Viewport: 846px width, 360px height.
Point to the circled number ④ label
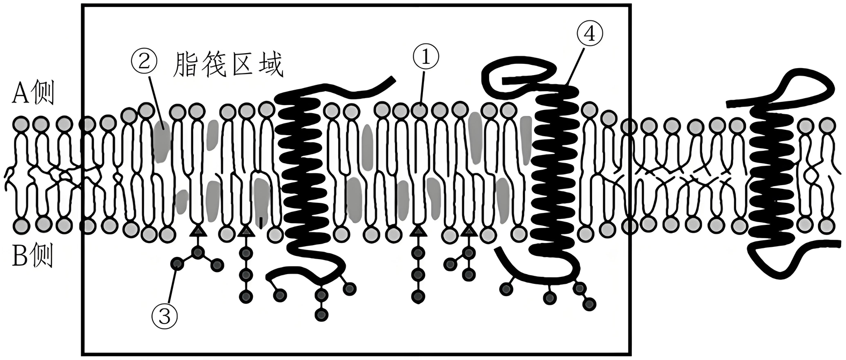[x=589, y=34]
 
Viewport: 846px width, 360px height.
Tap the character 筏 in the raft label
[x=214, y=65]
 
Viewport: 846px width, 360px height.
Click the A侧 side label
[x=33, y=94]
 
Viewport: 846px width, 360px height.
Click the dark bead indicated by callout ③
[x=176, y=263]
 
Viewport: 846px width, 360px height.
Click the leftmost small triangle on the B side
[x=198, y=231]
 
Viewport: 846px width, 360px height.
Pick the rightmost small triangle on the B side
[x=469, y=231]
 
